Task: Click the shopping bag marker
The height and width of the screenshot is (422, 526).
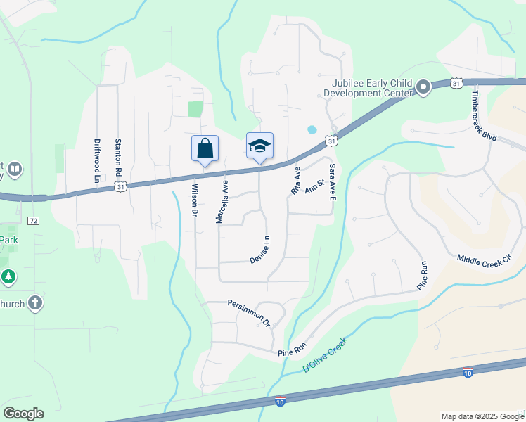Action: coord(205,148)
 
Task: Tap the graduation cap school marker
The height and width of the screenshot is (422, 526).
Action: coord(259,146)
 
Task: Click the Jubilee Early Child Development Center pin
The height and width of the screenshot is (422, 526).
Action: coord(423,87)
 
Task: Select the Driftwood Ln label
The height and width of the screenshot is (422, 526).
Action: coord(98,160)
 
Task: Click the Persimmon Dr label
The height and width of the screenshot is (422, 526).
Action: coord(249,312)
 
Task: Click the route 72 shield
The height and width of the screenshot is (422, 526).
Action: coord(33,220)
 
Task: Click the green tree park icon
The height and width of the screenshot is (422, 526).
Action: coord(8,276)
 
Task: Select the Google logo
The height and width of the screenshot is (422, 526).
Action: coord(23,414)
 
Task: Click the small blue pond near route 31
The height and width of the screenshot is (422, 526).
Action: coord(312,129)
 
